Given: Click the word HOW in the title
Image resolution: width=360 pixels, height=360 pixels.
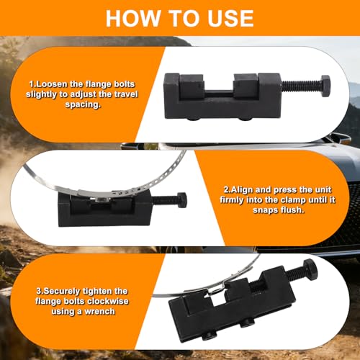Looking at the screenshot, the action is (x=133, y=19).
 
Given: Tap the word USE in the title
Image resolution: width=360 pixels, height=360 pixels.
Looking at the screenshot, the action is (x=230, y=19).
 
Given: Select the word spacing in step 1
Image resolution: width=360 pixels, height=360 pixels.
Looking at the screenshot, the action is (x=82, y=104).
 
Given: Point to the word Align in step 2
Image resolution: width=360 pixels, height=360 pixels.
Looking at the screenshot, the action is (x=241, y=190).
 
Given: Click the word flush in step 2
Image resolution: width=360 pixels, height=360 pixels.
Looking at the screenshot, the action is (x=292, y=210).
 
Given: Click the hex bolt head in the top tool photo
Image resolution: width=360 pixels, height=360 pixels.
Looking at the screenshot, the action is (x=325, y=86).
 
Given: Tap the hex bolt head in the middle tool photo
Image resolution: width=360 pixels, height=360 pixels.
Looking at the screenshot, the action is (x=181, y=200).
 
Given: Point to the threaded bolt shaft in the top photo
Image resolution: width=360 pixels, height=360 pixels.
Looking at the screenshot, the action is (x=301, y=86).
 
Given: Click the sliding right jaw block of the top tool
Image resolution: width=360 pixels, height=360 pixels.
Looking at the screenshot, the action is (x=246, y=86).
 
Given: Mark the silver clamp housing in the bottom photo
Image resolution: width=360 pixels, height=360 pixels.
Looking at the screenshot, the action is (x=215, y=289).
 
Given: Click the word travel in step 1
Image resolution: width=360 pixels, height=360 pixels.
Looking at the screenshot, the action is (x=126, y=94).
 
